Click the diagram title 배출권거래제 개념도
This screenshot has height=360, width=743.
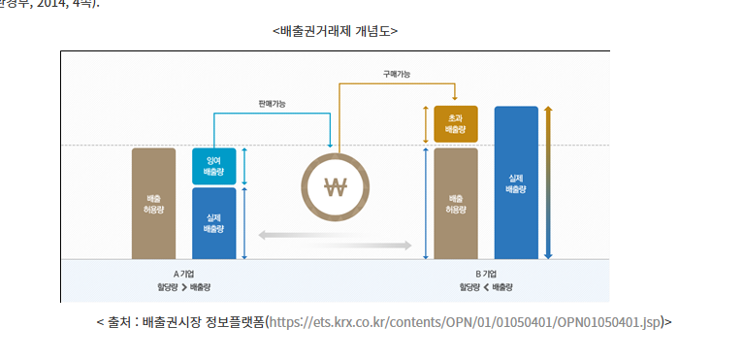[x=335, y=30]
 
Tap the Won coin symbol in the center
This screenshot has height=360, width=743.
[x=335, y=187]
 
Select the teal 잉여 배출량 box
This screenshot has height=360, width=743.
[x=213, y=167]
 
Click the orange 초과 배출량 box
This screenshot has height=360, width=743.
[x=456, y=123]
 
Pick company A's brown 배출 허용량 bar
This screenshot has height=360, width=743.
[x=153, y=203]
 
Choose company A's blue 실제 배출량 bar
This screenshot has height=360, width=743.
[x=213, y=223]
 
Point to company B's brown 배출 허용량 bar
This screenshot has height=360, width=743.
[x=456, y=203]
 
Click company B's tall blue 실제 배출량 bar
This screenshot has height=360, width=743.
[x=516, y=182]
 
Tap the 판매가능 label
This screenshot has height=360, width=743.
[x=272, y=103]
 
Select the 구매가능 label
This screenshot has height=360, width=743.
[x=397, y=73]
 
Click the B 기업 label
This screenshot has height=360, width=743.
[x=486, y=275]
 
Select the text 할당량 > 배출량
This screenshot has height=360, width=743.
[x=184, y=288]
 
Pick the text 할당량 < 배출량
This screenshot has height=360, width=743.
[x=486, y=288]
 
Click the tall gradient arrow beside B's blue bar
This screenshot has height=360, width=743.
[x=548, y=182]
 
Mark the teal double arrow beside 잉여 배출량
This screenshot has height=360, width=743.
[x=244, y=167]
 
